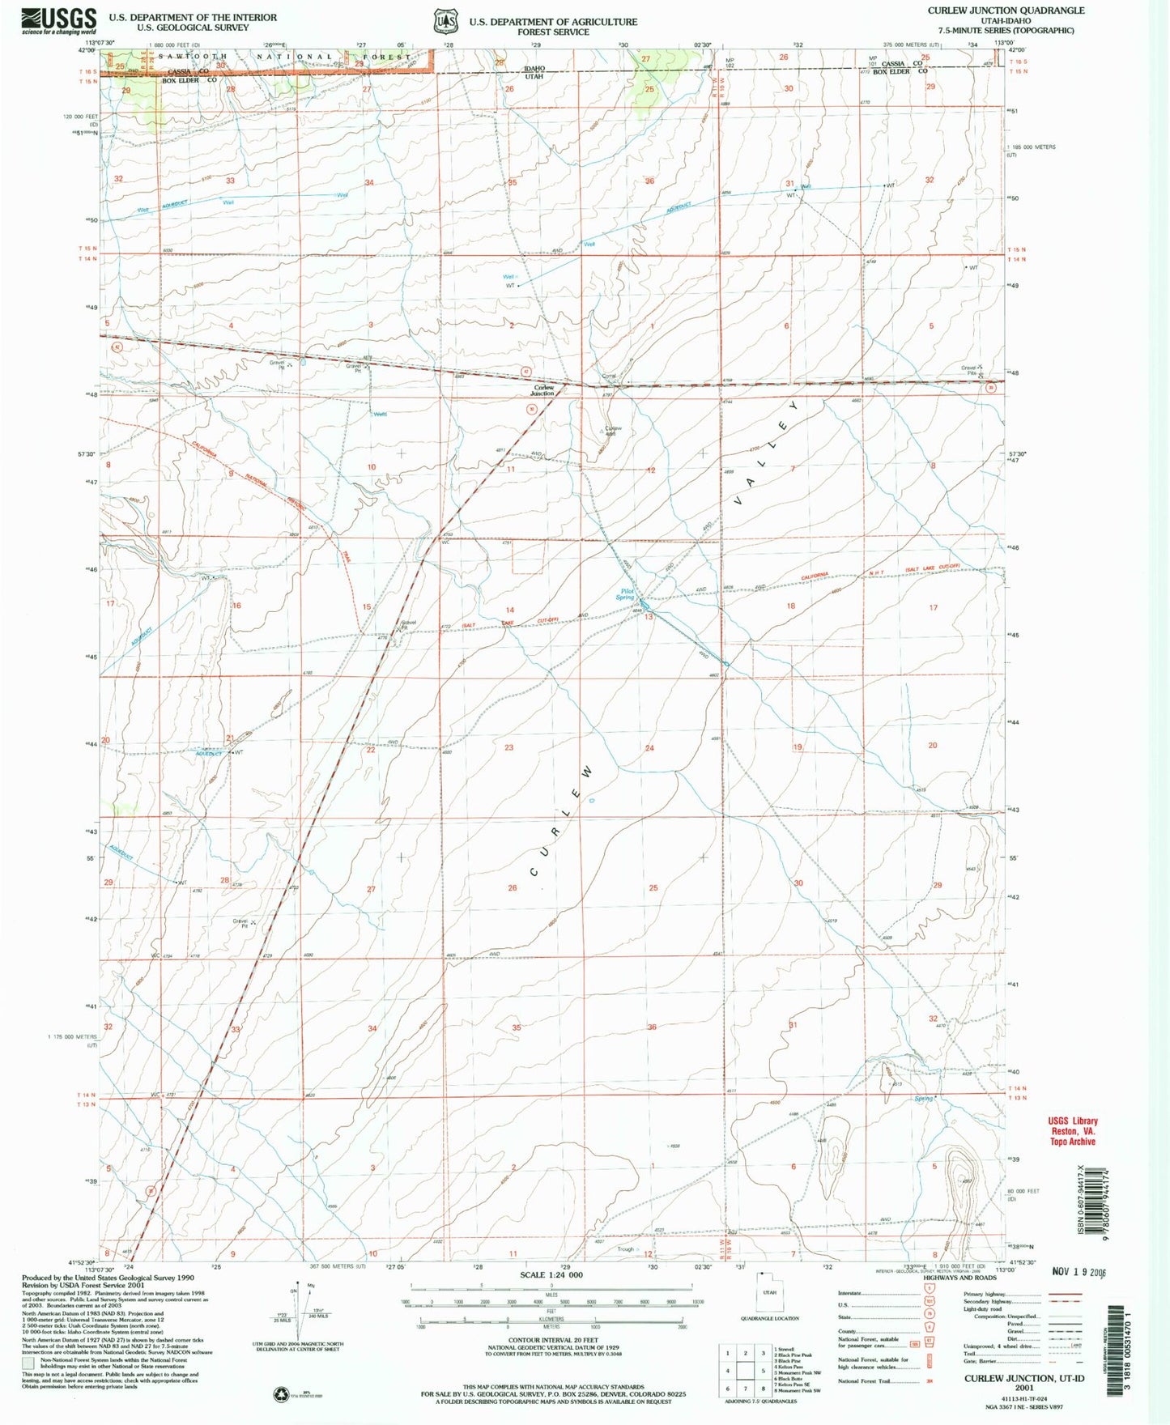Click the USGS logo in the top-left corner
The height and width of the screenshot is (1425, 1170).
click(58, 19)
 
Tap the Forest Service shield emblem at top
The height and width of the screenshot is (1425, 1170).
click(441, 19)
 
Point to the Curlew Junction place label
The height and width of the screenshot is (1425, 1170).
click(542, 390)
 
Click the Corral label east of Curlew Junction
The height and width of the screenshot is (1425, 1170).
click(609, 376)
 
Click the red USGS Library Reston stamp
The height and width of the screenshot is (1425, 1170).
click(1073, 1131)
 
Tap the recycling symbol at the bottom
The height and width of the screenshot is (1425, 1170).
click(280, 1393)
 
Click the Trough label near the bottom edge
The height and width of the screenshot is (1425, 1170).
click(625, 1248)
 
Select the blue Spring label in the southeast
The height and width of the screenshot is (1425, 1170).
click(923, 1099)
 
